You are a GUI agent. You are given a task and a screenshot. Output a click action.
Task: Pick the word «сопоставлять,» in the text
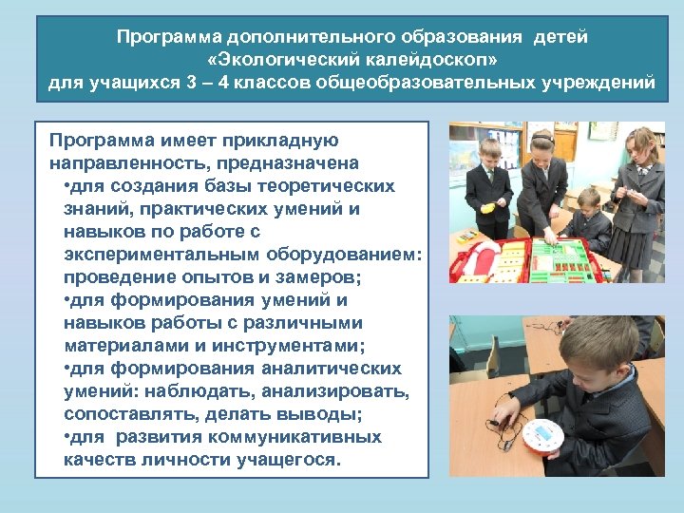pos(126,414)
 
